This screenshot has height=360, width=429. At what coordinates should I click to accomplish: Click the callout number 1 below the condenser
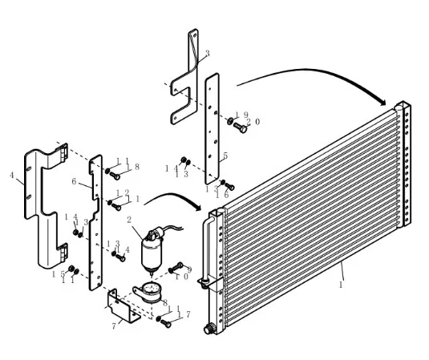coord(341,285)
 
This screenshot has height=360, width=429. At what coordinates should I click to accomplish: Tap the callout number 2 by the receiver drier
coord(129,220)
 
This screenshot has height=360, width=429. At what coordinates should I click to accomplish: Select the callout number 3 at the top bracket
coord(208,53)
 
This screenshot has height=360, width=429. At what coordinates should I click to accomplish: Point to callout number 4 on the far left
coord(11,175)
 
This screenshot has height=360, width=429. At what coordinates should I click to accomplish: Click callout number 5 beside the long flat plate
coord(225,156)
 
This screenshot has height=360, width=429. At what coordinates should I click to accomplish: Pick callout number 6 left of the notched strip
coord(74,181)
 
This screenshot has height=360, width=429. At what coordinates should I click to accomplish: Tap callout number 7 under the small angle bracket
coord(114,326)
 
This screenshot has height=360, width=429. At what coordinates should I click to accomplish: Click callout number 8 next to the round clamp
coord(165,303)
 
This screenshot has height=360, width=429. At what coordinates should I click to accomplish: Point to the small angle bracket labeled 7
coord(123,306)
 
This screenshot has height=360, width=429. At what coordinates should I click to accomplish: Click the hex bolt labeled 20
coord(241,127)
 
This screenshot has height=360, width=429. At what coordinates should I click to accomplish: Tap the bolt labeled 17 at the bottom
coord(165,324)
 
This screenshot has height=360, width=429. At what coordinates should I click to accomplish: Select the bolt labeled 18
coord(115,176)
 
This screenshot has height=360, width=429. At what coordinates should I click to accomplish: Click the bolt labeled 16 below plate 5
coord(229,187)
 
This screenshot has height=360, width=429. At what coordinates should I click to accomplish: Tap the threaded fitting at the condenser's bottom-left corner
coord(208,329)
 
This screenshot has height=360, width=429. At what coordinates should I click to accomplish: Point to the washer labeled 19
coord(230,120)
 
